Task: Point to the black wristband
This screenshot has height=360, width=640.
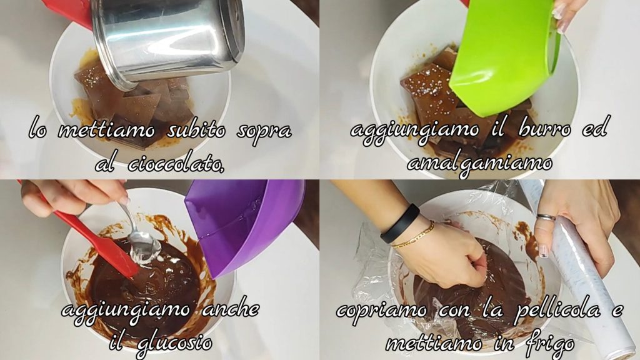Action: [x=400, y=224]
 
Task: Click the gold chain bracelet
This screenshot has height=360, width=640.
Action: [x=413, y=236]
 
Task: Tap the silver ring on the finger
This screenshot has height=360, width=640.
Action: [x=546, y=217]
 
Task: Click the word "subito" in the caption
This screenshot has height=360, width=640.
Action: [x=196, y=130]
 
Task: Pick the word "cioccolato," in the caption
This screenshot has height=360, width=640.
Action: [x=176, y=164]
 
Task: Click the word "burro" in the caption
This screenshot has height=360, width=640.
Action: [x=544, y=129]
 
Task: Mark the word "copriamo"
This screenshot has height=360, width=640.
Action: [x=382, y=312]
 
